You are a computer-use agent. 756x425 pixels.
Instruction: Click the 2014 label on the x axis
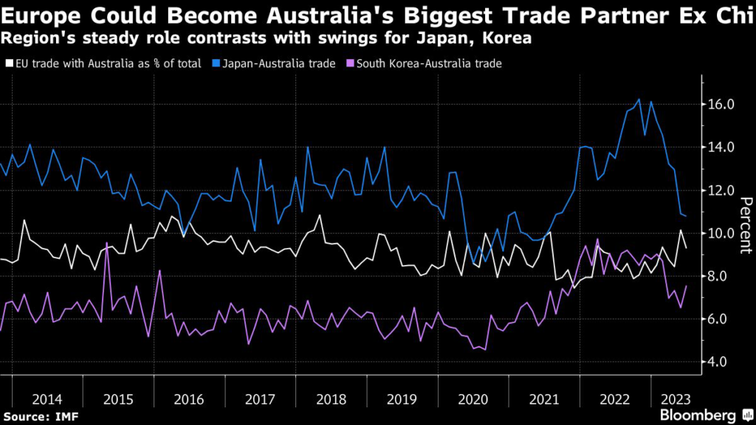(x=47, y=399)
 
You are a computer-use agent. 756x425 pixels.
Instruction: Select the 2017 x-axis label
(x=260, y=399)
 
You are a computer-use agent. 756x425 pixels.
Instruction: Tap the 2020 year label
(x=473, y=399)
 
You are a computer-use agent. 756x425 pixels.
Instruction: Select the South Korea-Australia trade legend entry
(x=429, y=63)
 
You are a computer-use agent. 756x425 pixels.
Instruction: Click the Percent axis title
(x=746, y=225)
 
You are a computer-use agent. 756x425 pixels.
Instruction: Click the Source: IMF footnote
(x=40, y=418)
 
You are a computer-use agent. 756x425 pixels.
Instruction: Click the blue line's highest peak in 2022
(x=639, y=99)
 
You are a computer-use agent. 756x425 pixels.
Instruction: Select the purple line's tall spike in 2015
(x=108, y=243)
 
